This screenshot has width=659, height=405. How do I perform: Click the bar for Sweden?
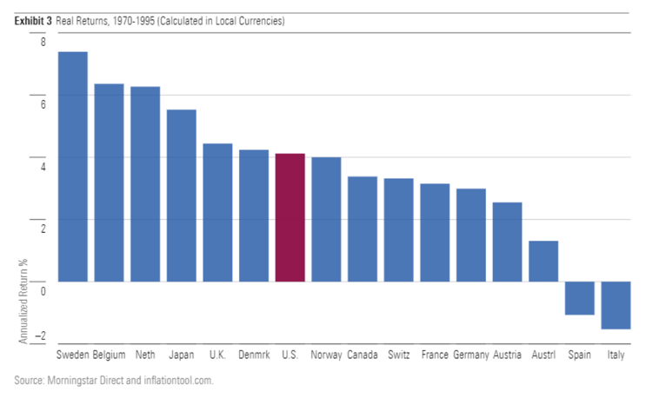coord(72,165)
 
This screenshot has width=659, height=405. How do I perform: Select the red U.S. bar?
coord(290,217)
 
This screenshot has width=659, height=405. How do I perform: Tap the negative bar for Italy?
coord(616,305)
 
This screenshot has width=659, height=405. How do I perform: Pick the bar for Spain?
coord(579,298)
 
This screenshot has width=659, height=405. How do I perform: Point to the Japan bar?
coord(181,195)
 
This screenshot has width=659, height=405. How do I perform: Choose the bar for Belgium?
coord(109,183)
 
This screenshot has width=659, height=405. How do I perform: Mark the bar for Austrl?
coord(543,261)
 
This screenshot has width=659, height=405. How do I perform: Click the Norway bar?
coord(326,219)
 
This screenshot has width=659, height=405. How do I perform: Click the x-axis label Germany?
coord(470,355)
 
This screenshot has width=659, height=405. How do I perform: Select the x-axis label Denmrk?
coord(253,355)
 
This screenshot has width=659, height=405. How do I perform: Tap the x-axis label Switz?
coord(398,355)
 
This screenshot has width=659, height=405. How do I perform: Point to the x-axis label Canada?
coord(362,355)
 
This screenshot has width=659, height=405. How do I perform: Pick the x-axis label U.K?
coord(217,355)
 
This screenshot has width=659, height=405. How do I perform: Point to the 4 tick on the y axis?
coord(43,165)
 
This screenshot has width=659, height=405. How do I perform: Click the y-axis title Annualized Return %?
coord(23,301)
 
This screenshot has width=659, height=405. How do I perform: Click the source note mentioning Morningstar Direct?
coord(113,381)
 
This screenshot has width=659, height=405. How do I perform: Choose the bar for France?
coord(435,232)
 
